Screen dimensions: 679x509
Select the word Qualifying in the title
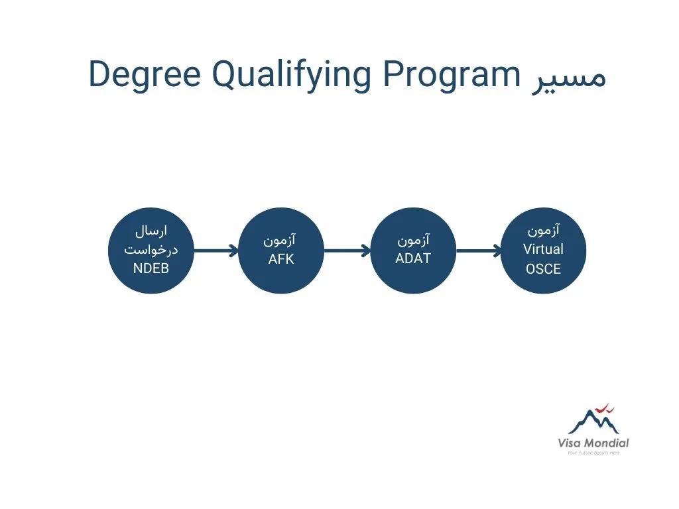(x=292, y=76)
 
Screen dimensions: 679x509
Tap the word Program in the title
(x=451, y=76)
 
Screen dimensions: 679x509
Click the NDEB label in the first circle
(x=151, y=268)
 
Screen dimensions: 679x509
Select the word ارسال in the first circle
(x=151, y=231)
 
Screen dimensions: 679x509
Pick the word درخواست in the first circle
(x=151, y=250)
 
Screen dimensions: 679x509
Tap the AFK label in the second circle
(x=281, y=259)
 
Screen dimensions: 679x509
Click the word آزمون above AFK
(x=280, y=240)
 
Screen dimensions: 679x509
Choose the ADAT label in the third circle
(x=413, y=258)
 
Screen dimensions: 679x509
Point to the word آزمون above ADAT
(x=414, y=239)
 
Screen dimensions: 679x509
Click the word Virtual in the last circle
(x=543, y=249)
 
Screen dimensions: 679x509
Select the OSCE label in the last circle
(x=543, y=269)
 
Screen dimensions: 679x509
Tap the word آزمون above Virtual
(x=544, y=230)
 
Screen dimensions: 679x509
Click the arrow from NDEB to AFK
(x=216, y=251)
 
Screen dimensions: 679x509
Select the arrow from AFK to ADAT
(x=347, y=251)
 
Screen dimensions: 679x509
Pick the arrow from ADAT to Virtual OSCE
(x=479, y=251)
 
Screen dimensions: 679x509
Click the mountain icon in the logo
(x=593, y=421)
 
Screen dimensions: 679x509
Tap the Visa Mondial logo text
(x=593, y=443)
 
